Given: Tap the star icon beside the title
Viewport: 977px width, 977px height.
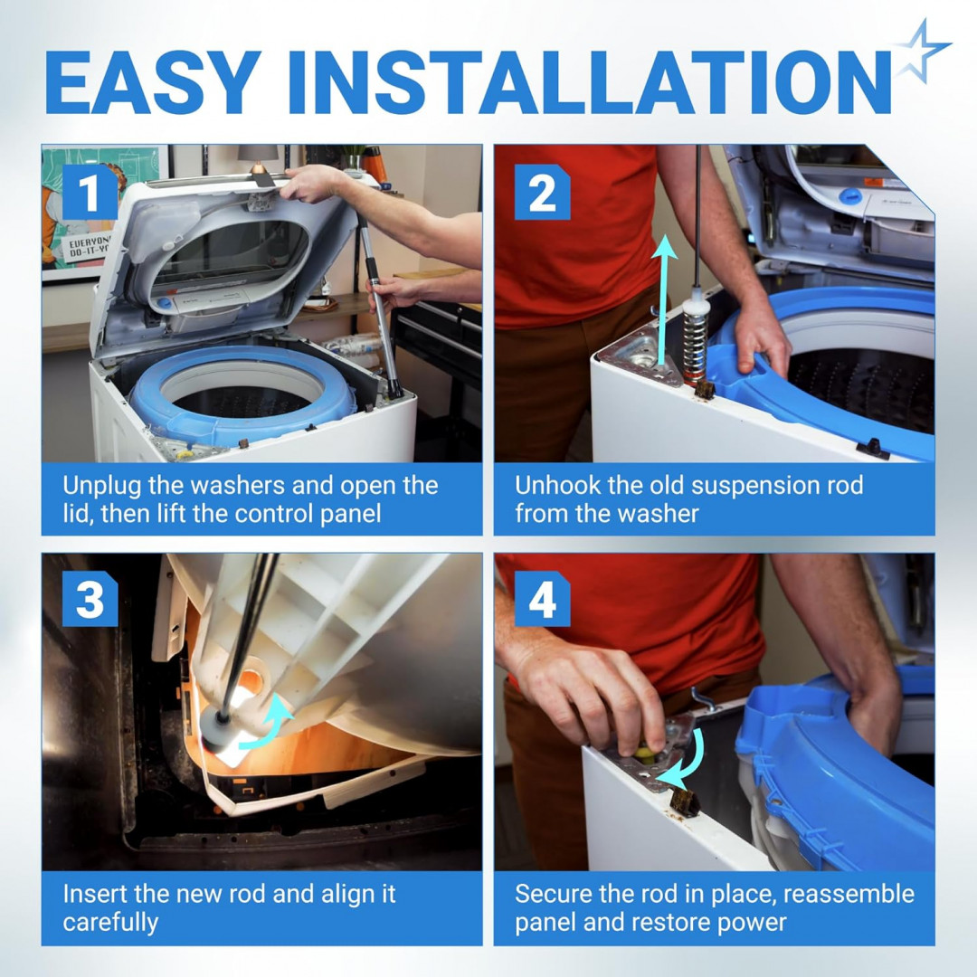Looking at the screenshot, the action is click(921, 51).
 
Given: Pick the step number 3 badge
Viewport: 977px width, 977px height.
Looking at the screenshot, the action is click(90, 599).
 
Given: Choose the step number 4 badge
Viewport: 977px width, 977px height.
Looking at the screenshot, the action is click(542, 599).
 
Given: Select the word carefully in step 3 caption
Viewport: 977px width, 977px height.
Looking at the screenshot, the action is click(110, 923).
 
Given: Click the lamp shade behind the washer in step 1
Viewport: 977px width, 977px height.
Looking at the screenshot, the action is click(257, 153).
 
